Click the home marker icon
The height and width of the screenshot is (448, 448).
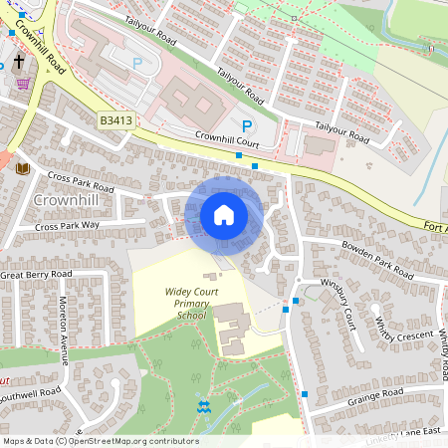pos(224,215)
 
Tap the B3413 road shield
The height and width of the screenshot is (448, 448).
pos(114,120)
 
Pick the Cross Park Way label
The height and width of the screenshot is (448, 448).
pos(68,226)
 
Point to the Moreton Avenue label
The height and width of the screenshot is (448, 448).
pos(63,317)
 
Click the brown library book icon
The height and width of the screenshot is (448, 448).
pos(23,168)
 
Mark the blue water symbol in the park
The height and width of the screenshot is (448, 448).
pos(204,406)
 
